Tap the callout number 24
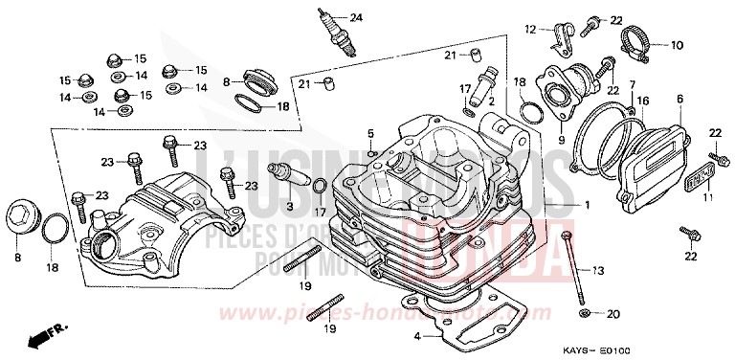click(356, 18)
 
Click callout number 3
click(370, 131)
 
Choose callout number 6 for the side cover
click(679, 99)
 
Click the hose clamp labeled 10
click(638, 42)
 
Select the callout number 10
click(677, 44)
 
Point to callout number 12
click(529, 31)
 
